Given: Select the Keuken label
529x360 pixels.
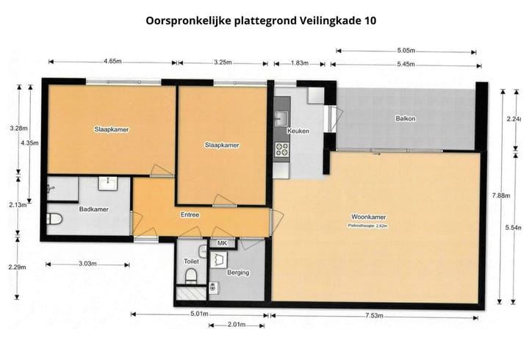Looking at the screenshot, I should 298,131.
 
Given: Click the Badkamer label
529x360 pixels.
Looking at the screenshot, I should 93,209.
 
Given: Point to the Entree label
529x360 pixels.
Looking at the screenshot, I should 190,215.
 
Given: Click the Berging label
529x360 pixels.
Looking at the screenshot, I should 238,273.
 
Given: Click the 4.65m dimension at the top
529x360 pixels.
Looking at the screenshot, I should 112,60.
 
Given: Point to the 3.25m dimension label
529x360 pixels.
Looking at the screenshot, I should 223,60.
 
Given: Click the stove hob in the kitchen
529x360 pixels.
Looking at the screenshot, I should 281,151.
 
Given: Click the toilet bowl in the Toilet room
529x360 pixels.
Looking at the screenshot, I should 190,276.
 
